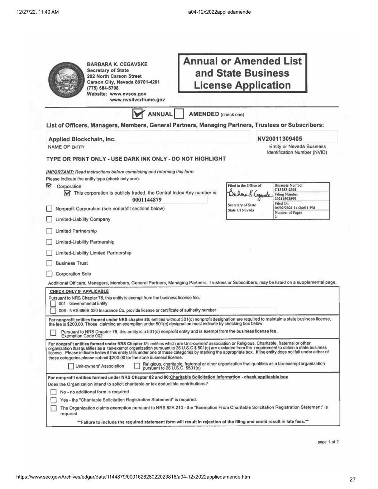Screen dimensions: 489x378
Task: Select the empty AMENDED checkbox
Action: pyautogui.click(x=179, y=114)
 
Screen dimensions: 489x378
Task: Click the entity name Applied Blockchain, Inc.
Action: pyautogui.click(x=82, y=139)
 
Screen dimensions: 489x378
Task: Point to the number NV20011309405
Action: pyautogui.click(x=279, y=139)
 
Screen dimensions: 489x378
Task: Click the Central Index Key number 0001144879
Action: pyautogui.click(x=147, y=200)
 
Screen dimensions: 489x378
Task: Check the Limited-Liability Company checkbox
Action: pyautogui.click(x=49, y=219)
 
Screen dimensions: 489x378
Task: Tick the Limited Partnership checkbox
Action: pyautogui.click(x=49, y=231)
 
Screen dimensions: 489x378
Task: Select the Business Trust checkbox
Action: pyautogui.click(x=49, y=263)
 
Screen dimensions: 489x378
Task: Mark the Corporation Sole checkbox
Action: pyautogui.click(x=49, y=274)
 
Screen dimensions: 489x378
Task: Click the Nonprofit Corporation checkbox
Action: pyautogui.click(x=49, y=209)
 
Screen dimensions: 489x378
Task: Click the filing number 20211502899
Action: pyautogui.click(x=286, y=199)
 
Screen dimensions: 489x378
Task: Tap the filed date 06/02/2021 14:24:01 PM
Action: pyautogui.click(x=295, y=208)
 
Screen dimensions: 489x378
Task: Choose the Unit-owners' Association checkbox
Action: pyautogui.click(x=71, y=366)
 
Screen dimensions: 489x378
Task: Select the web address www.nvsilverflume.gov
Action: pyautogui.click(x=137, y=100)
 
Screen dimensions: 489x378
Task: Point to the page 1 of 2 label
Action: pyautogui.click(x=328, y=442)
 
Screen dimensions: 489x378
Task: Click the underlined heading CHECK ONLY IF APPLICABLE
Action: pyautogui.click(x=79, y=291)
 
